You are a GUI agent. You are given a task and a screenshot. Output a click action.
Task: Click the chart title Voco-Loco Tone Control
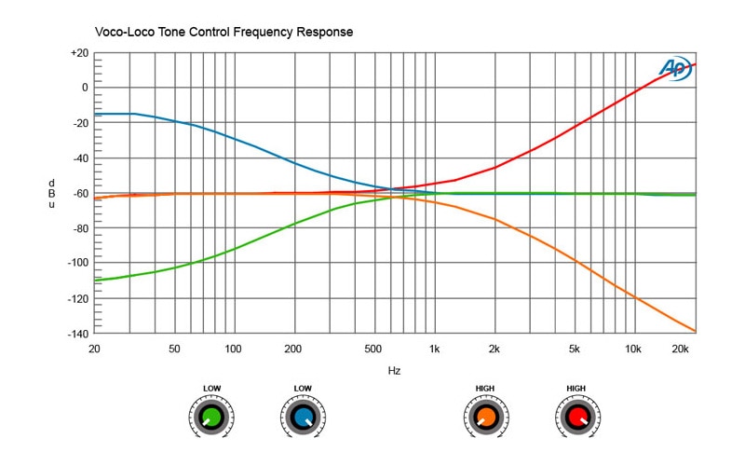223,33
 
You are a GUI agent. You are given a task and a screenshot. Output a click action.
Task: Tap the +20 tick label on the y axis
78,53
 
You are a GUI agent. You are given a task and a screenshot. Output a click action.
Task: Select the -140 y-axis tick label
76,334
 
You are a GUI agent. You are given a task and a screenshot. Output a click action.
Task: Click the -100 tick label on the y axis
76,264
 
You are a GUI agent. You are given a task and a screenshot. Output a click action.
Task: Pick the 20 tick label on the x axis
94,349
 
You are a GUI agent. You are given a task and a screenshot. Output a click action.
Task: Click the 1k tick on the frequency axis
434,349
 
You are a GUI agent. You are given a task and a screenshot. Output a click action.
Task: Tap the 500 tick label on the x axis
373,349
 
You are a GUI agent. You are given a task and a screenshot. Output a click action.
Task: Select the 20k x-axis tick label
681,349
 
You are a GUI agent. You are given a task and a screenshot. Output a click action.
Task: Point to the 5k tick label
575,349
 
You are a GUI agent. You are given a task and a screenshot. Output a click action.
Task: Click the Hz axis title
395,371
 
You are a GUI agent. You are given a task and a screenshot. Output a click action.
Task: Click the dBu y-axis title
52,193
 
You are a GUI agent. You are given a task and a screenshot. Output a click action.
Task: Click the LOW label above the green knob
210,388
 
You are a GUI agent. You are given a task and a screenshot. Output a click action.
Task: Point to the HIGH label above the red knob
577,388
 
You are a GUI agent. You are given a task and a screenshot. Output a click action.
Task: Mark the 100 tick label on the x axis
233,349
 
